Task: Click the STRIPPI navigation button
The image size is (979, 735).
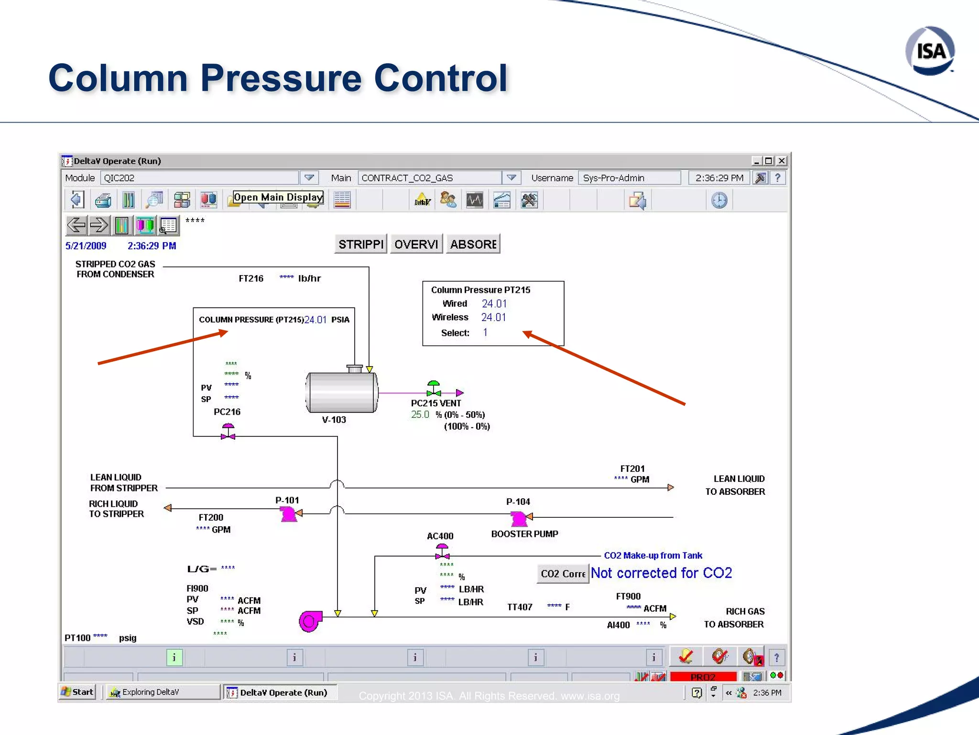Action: [x=360, y=244]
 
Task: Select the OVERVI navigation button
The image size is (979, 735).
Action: [x=416, y=244]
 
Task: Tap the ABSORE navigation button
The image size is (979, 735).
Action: [x=473, y=244]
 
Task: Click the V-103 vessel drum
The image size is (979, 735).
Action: [x=341, y=392]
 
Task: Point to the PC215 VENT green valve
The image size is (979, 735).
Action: [x=433, y=388]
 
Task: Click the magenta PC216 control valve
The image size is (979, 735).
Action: [x=228, y=432]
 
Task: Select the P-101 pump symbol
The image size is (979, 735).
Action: [x=288, y=514]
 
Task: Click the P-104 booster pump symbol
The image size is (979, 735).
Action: [x=519, y=518]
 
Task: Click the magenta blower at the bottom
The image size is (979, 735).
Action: [x=310, y=621]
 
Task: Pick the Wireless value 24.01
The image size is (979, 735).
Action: [x=493, y=317]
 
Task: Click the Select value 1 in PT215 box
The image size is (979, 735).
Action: [x=485, y=333]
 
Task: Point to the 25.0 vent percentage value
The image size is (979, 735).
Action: [x=420, y=414]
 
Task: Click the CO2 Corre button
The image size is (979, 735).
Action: [x=563, y=573]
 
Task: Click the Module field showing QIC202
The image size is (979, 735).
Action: [x=199, y=178]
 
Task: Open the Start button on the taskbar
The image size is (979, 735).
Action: [x=77, y=692]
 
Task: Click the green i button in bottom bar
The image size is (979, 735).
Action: [x=174, y=657]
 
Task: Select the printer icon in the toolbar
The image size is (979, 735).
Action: [x=103, y=200]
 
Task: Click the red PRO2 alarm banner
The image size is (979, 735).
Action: [x=703, y=677]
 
